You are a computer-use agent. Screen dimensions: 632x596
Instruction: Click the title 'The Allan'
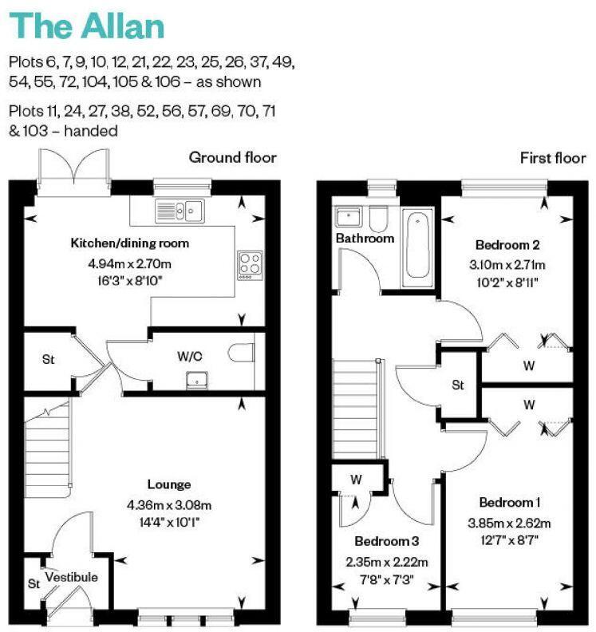coord(86,26)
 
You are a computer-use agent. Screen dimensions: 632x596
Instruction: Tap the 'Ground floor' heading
coord(232,157)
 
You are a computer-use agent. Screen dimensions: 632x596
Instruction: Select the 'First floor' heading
coord(553,157)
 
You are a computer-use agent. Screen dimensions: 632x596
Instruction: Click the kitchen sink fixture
coord(180,211)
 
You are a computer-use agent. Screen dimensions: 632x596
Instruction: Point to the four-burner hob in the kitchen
coord(250,264)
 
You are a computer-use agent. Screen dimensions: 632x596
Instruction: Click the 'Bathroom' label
coord(365,238)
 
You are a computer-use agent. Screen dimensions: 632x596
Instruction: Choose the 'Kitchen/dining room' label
coord(130,243)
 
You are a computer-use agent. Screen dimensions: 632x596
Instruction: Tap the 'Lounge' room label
coord(169,484)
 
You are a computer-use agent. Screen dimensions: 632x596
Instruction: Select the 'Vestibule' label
coord(71,577)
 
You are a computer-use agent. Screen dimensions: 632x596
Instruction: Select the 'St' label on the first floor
coord(458,385)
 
